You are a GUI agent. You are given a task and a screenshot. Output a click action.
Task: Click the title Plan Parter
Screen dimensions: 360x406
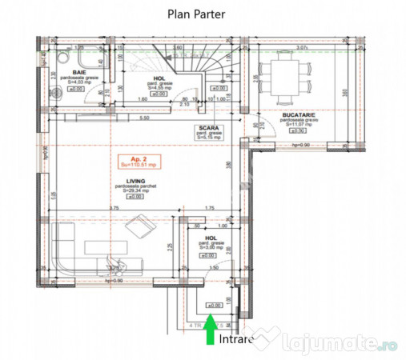196,13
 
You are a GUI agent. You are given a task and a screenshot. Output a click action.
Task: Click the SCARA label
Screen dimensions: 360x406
211,128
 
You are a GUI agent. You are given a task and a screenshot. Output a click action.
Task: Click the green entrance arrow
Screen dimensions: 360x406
210,330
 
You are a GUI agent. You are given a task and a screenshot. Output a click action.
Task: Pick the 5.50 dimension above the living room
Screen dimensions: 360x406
145,118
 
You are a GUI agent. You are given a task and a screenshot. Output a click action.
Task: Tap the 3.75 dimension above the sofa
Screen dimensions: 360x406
115,209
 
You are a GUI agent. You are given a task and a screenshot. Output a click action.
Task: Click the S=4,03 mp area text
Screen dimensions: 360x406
80,82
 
